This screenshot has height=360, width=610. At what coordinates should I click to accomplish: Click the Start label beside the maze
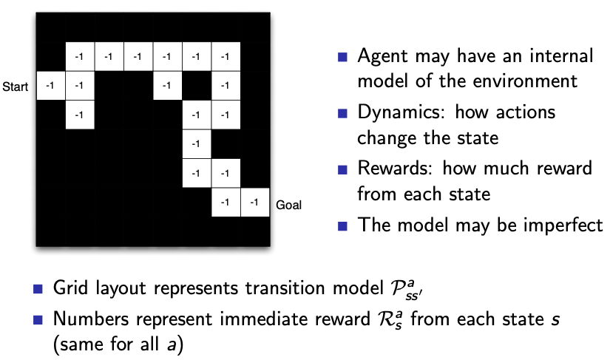[x=15, y=87]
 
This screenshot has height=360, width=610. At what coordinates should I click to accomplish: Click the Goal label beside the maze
[x=288, y=205]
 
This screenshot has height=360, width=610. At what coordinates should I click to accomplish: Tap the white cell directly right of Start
[x=50, y=86]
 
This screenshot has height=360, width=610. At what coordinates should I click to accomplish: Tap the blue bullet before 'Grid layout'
[x=38, y=289]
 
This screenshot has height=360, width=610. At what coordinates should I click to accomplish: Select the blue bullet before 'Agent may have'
[x=342, y=57]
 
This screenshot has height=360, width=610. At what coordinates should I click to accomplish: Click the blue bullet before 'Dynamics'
[x=342, y=114]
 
